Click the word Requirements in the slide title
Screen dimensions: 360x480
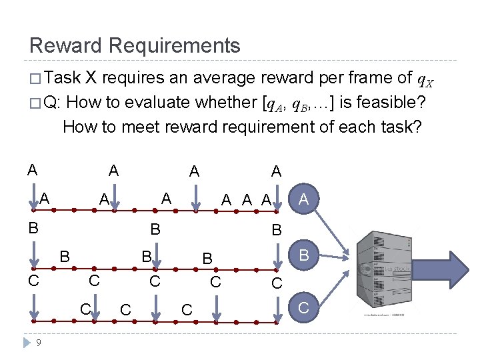coord(174,46)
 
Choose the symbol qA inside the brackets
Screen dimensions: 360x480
coord(277,104)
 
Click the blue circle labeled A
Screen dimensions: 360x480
coord(304,199)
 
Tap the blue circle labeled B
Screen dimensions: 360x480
coord(304,254)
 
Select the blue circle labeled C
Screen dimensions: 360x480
coord(304,307)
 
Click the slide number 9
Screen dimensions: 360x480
coord(39,343)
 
